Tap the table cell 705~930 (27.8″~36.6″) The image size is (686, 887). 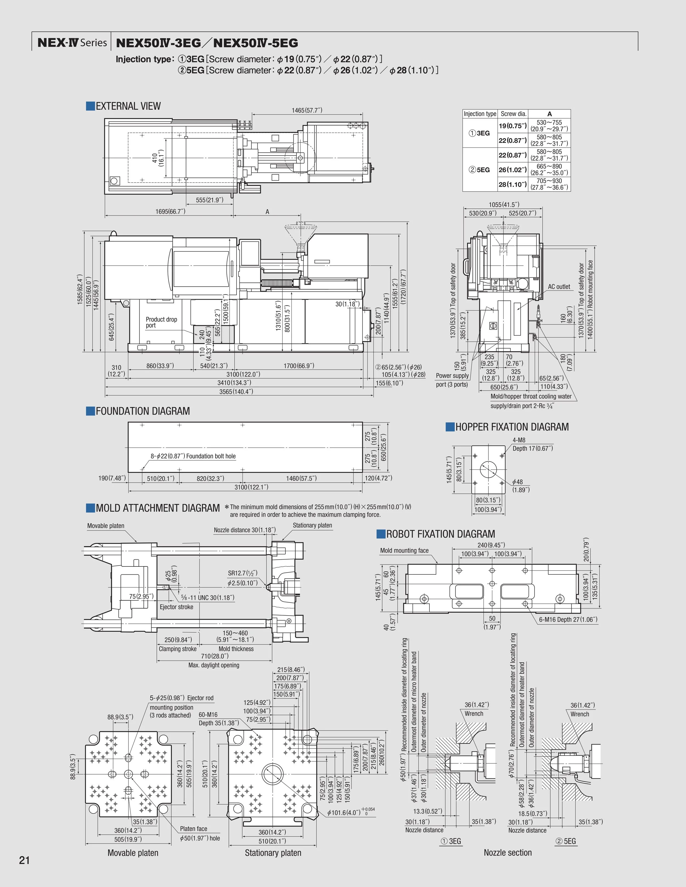(x=549, y=184)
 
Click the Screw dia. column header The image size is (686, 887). (x=513, y=114)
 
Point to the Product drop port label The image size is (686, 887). (x=161, y=322)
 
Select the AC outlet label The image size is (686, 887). (x=559, y=287)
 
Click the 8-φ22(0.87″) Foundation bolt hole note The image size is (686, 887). (x=193, y=456)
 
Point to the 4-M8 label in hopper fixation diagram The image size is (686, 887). (x=519, y=440)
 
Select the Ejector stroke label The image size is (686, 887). (x=176, y=607)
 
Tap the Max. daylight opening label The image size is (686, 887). (x=214, y=665)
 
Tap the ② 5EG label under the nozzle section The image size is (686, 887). (x=565, y=841)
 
